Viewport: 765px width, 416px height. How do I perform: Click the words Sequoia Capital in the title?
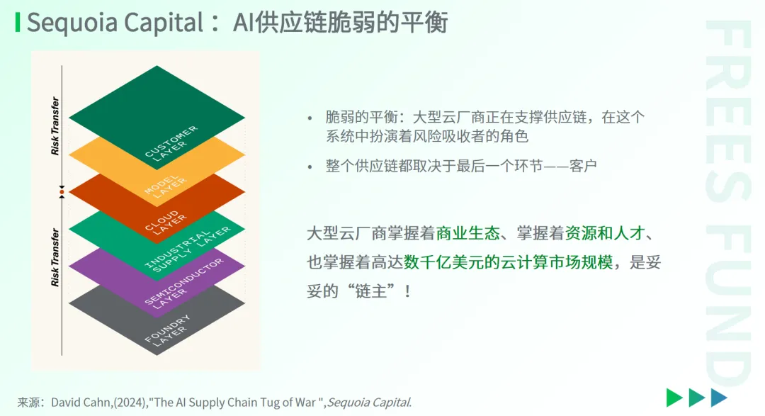click(x=115, y=23)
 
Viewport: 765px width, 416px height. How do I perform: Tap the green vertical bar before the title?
click(x=18, y=23)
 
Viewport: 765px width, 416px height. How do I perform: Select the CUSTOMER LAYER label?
click(x=171, y=143)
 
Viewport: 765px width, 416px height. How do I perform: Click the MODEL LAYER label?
click(x=165, y=186)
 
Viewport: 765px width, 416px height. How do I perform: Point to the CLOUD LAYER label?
click(x=165, y=222)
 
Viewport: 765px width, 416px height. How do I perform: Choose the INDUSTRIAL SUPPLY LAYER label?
click(x=187, y=249)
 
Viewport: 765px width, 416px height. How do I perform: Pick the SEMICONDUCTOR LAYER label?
click(x=183, y=283)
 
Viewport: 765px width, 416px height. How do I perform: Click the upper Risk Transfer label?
click(x=55, y=126)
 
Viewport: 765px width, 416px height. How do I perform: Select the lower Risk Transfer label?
click(x=55, y=257)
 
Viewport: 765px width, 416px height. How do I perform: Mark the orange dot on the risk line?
click(x=62, y=192)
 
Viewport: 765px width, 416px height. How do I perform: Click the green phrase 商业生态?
click(x=468, y=233)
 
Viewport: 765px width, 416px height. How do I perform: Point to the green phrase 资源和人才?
click(x=605, y=233)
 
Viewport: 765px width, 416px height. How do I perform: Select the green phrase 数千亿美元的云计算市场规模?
click(x=508, y=262)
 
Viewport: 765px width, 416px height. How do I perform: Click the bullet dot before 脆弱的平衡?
click(x=310, y=118)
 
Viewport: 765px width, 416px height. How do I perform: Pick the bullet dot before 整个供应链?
click(x=310, y=167)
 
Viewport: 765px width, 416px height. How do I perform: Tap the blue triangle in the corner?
click(x=719, y=398)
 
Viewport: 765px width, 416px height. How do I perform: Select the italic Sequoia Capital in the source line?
click(x=369, y=403)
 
